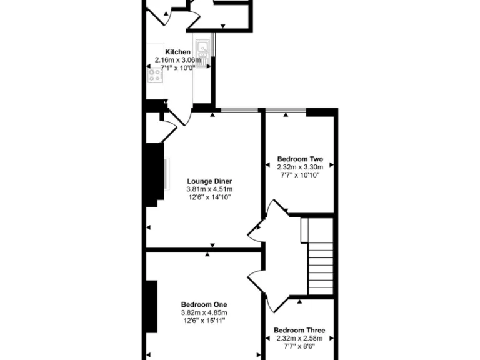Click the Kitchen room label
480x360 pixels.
[x=177, y=52]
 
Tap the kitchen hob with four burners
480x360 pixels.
[x=154, y=76]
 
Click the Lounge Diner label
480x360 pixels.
[x=209, y=181]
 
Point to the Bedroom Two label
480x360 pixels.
[x=300, y=159]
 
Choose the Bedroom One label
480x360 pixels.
[x=204, y=304]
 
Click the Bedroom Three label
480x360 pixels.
[x=299, y=331]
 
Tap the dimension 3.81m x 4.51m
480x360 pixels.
[x=209, y=189]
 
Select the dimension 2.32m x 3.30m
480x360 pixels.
[x=300, y=167]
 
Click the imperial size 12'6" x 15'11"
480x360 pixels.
[x=204, y=321]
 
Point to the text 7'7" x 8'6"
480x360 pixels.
[x=299, y=347]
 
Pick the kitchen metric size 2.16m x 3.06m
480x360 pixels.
[x=178, y=60]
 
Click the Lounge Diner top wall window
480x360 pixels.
[x=240, y=111]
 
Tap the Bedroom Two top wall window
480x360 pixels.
[x=286, y=111]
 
